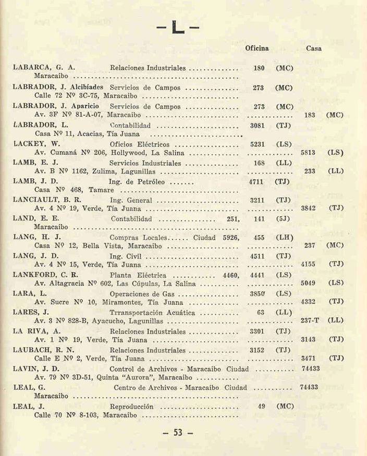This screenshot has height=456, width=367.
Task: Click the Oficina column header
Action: coord(257,48)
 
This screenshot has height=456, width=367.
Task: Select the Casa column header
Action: coord(314,48)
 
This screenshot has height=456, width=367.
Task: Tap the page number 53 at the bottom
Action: coord(178,432)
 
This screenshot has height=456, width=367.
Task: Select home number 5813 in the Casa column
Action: coord(308,153)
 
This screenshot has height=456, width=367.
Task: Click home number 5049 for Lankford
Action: coord(308,284)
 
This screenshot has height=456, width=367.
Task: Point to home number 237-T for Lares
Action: coord(310,322)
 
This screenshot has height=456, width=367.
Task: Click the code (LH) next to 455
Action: coord(285,238)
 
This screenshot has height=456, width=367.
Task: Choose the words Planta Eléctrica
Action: coord(138,275)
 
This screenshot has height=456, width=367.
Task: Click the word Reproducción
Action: coord(132,406)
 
